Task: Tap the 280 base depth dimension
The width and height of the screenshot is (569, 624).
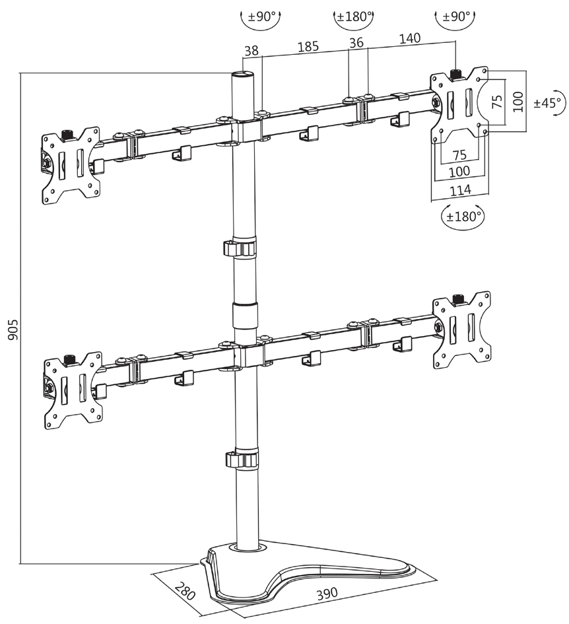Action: pyautogui.click(x=187, y=590)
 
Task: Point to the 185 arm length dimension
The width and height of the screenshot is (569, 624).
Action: pyautogui.click(x=308, y=47)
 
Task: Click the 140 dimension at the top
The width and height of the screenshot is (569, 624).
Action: pyautogui.click(x=410, y=39)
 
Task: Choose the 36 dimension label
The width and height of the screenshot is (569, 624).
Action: pyautogui.click(x=357, y=42)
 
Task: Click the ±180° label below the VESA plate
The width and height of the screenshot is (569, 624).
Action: pyautogui.click(x=463, y=216)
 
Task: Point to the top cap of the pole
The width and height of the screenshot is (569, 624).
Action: pyautogui.click(x=244, y=76)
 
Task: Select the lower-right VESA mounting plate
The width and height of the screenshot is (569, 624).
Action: pyautogui.click(x=461, y=328)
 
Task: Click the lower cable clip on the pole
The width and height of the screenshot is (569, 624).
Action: pyautogui.click(x=242, y=460)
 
